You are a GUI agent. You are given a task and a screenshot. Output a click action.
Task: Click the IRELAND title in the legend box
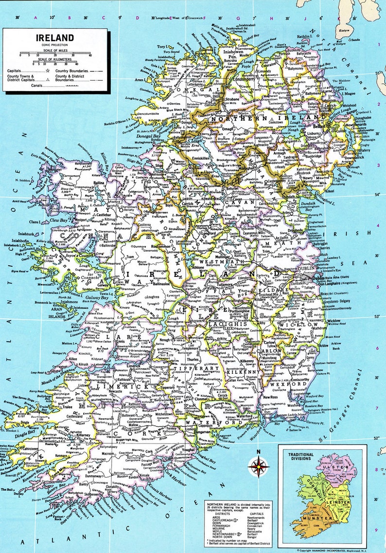54,38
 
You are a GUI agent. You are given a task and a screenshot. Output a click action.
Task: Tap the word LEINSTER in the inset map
343,502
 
